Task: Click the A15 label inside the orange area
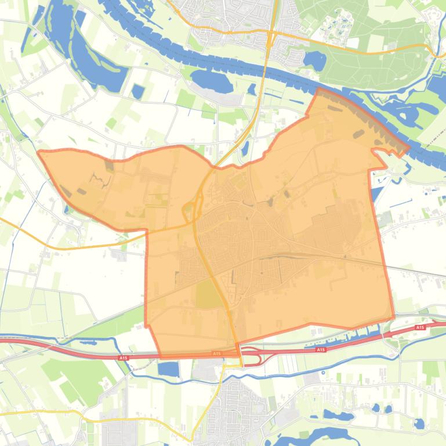(x=216, y=353)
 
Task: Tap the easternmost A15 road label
(x=420, y=328)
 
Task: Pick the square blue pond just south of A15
(x=169, y=369)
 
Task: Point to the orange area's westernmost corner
(x=39, y=152)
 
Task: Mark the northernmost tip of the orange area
(x=319, y=89)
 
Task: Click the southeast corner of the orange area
(x=394, y=317)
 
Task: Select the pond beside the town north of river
(x=314, y=59)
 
